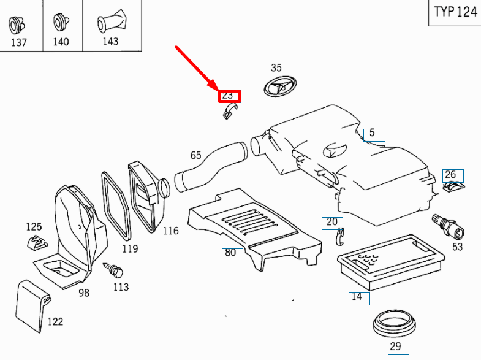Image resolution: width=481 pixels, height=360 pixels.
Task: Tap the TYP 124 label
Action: [x=455, y=12]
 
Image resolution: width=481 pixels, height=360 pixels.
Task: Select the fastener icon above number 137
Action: [x=15, y=25]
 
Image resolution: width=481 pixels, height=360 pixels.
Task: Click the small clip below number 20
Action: [x=339, y=235]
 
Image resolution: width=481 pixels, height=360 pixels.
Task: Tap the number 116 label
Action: [x=170, y=231]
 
